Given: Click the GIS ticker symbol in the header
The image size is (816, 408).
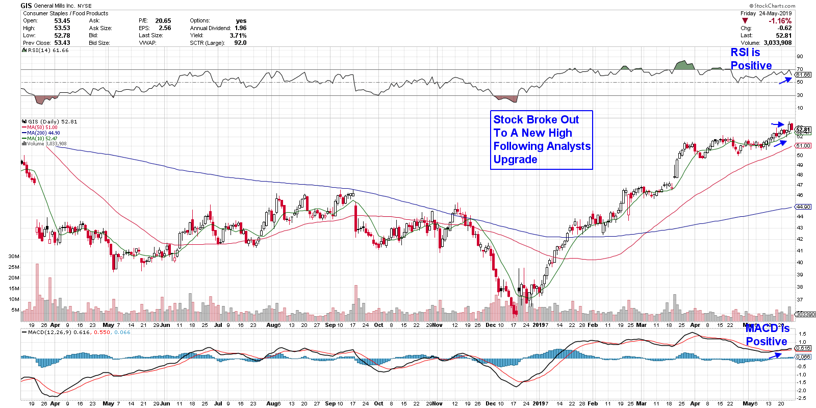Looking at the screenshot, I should click(x=26, y=6).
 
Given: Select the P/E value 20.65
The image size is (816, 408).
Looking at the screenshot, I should click(x=163, y=21).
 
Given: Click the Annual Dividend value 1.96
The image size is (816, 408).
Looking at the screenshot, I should click(x=240, y=28).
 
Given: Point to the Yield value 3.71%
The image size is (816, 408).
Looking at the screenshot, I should click(x=238, y=36).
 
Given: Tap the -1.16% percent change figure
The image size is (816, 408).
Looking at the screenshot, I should click(x=780, y=21).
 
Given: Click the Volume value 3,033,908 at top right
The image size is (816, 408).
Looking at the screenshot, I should click(x=778, y=43).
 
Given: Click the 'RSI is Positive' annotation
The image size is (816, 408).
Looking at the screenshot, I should click(x=751, y=59).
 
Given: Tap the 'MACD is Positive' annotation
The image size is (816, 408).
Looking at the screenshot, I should click(x=767, y=335).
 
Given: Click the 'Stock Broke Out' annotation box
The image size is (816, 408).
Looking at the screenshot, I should click(x=541, y=140).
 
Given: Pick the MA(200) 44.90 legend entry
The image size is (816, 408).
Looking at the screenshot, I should click(x=43, y=133).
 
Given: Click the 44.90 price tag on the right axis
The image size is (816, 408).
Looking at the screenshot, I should click(x=803, y=207).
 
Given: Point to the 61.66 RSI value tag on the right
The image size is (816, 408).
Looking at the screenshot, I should click(x=803, y=75).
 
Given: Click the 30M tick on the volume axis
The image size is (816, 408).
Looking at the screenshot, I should click(x=14, y=257).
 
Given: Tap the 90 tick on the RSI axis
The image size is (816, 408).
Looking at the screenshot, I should click(x=800, y=57).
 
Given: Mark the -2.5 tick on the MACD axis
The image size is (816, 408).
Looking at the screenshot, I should click(x=801, y=398).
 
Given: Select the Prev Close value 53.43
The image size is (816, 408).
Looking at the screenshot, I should click(x=62, y=43).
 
